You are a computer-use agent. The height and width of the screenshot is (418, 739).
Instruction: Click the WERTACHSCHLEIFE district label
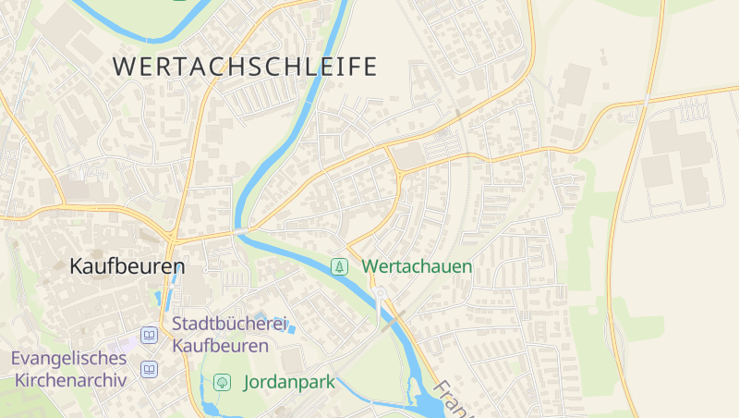245,67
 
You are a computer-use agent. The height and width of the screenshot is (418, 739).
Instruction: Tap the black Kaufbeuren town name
127,266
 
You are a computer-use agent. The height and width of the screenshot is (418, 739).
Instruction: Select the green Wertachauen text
417,266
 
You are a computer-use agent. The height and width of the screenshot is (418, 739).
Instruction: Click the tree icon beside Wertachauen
340,266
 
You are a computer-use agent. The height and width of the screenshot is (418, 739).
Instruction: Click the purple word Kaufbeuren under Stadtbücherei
220,346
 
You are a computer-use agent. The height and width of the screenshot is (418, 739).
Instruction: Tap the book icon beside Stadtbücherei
149,335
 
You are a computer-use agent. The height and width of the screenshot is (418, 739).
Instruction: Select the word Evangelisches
68,358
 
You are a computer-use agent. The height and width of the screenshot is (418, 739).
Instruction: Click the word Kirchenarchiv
68,380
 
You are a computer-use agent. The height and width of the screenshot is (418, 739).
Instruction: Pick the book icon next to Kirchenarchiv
149,370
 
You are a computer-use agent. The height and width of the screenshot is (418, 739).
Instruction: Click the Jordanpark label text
288,382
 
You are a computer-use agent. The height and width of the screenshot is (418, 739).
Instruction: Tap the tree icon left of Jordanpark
222,382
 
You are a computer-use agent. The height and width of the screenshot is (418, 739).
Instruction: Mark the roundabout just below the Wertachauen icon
379,294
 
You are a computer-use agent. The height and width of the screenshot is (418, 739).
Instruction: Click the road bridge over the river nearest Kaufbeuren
241,229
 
